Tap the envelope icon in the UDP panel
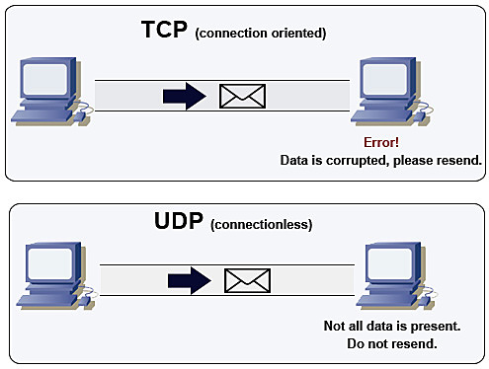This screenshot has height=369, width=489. tap(246, 280)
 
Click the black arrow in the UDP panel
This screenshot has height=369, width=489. tap(189, 280)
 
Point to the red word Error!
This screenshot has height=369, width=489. tap(382, 143)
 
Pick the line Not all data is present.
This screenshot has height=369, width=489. tap(392, 327)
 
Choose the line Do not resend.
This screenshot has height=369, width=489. tap(392, 343)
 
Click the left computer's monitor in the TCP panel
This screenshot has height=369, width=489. tap(42, 80)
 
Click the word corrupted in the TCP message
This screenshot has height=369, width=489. tap(368, 160)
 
